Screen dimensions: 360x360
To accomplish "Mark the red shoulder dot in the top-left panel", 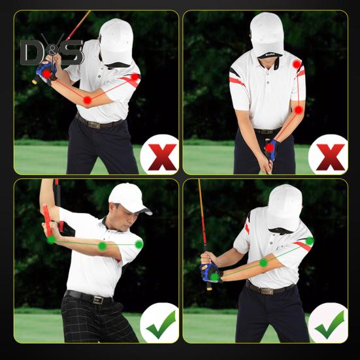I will click(135, 78).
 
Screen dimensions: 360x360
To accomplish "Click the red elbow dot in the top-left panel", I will click(87, 100).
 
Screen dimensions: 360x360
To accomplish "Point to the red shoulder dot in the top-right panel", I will click(297, 64).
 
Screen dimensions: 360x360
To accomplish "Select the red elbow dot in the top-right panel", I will click(299, 110).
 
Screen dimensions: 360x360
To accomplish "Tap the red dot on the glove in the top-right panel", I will click(270, 148).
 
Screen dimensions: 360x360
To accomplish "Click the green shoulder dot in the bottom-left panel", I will click(139, 244).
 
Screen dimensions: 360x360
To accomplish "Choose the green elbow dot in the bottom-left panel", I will click(102, 246).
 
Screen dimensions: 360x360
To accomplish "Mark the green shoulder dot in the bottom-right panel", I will click(310, 241).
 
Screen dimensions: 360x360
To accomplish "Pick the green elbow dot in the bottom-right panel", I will click(263, 262).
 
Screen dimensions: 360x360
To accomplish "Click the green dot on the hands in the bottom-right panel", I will click(214, 276).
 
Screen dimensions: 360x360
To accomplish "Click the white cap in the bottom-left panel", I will click(127, 196).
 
